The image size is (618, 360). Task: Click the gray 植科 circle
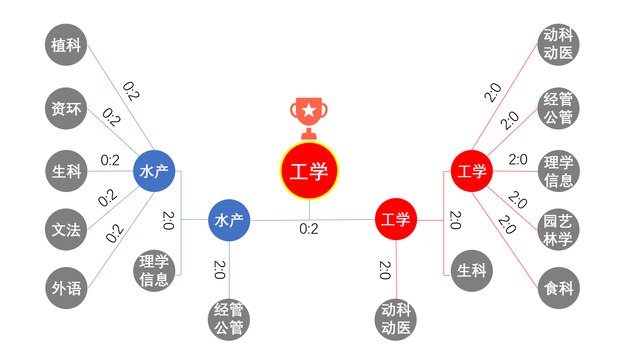[66, 44]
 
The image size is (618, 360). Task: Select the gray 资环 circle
[66, 108]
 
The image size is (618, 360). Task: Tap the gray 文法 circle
[66, 229]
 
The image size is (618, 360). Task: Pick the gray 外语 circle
[66, 288]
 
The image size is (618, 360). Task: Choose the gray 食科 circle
[559, 288]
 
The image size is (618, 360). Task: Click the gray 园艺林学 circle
[558, 229]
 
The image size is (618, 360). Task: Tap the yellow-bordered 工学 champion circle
[309, 171]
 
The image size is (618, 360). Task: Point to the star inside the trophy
[309, 110]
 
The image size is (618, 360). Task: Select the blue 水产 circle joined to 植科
[154, 171]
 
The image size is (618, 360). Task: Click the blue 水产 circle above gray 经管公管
[229, 220]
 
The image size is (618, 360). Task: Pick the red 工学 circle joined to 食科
[472, 171]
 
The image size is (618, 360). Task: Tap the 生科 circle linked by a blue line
[66, 171]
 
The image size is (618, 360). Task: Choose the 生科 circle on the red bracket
[472, 271]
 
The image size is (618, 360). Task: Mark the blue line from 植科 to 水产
[120, 97]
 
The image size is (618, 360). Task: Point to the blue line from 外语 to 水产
[120, 241]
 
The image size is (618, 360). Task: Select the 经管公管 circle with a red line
[558, 108]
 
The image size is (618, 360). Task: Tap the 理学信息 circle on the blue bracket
[154, 271]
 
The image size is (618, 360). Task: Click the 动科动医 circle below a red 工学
[396, 319]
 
